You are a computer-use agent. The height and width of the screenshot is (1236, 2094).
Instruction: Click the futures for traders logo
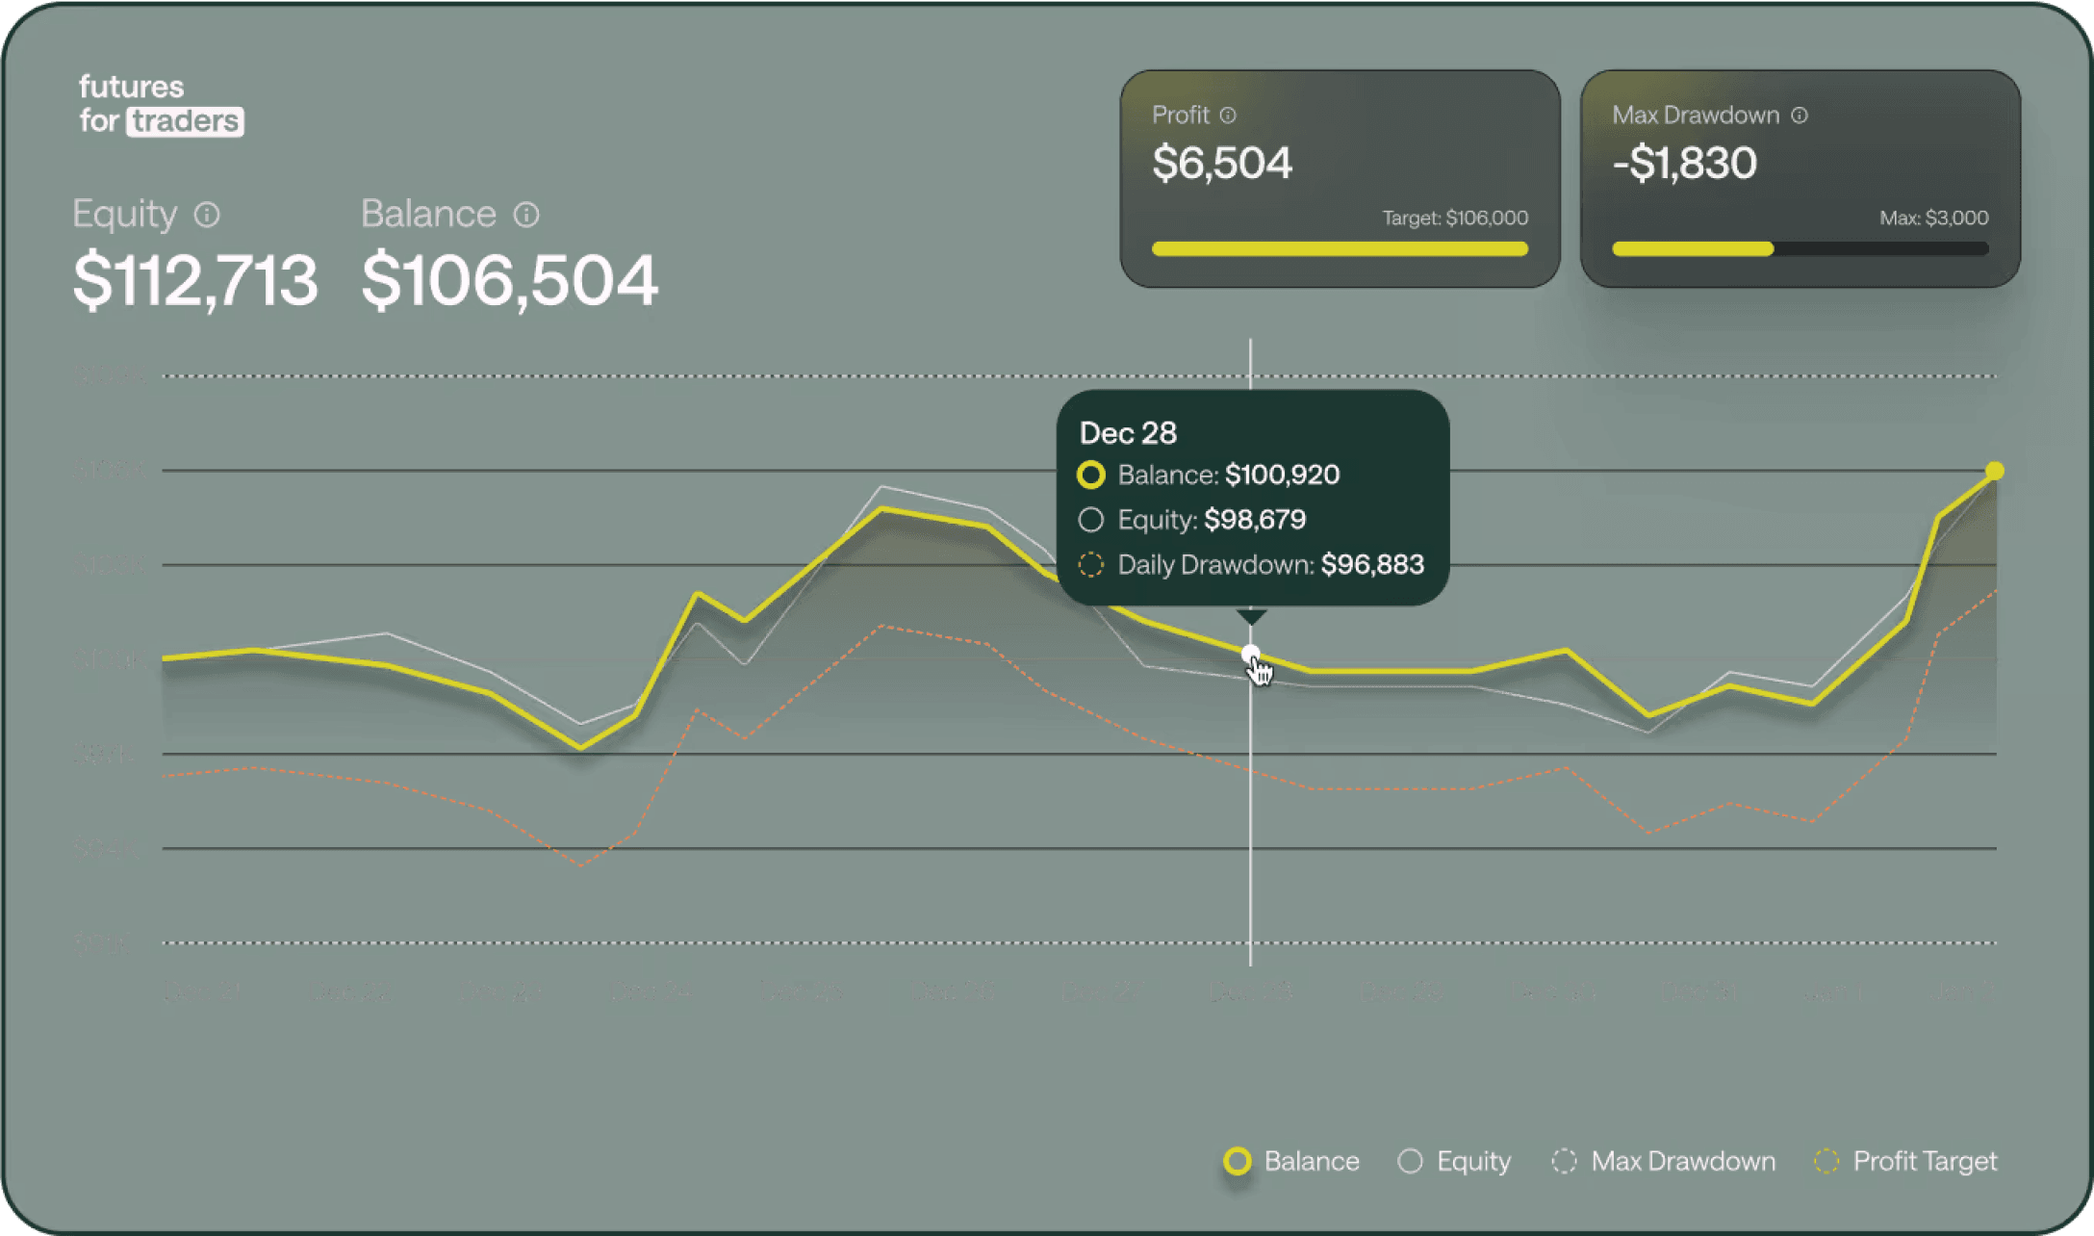pyautogui.click(x=161, y=104)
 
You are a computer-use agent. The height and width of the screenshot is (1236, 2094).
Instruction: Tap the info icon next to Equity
pyautogui.click(x=207, y=215)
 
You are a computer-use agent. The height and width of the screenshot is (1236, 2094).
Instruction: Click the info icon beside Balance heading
pyautogui.click(x=526, y=215)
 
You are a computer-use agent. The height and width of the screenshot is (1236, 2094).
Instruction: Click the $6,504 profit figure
pyautogui.click(x=1222, y=163)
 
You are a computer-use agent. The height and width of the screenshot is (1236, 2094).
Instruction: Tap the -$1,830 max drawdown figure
pyautogui.click(x=1684, y=163)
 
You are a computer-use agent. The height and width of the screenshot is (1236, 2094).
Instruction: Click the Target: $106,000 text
pyautogui.click(x=1455, y=219)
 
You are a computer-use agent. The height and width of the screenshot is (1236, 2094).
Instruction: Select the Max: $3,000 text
pyautogui.click(x=1933, y=219)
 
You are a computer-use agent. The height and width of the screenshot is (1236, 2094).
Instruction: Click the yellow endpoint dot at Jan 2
pyautogui.click(x=1995, y=471)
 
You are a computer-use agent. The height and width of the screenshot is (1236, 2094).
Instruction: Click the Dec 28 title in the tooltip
pyautogui.click(x=1128, y=433)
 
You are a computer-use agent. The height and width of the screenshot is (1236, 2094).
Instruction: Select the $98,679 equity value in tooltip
pyautogui.click(x=1255, y=520)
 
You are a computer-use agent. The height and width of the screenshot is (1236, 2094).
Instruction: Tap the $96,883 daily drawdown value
pyautogui.click(x=1372, y=564)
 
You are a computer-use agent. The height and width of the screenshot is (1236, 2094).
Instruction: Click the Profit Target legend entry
pyautogui.click(x=1905, y=1161)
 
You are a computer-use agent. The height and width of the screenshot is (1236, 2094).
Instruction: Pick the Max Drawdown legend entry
pyautogui.click(x=1664, y=1161)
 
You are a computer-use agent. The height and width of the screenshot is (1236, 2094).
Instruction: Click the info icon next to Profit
pyautogui.click(x=1228, y=116)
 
